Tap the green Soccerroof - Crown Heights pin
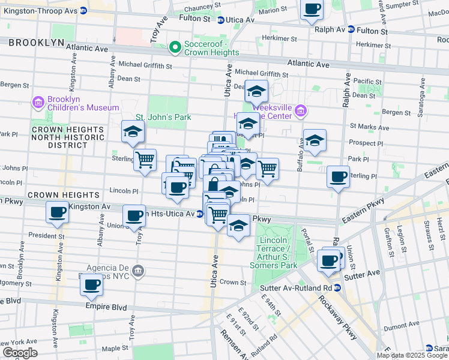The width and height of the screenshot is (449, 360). coord(175,46)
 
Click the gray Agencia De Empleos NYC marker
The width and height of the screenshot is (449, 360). coord(139,271)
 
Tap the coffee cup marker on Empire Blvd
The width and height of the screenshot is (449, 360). coord(91,285)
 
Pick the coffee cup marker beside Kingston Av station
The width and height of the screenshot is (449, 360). coord(58,212)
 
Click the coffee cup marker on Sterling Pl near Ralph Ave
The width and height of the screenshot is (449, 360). coord(339,177)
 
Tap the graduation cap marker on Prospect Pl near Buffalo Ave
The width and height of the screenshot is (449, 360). coord(315,140)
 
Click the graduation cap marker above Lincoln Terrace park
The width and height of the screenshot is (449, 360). coord(238,226)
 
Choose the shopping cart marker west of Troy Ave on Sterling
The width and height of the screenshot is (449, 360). coord(145,160)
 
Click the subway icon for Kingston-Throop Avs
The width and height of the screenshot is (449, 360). coord(83,11)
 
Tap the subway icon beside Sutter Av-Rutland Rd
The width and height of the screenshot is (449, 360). coord(337,287)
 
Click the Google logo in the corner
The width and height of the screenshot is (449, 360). coord(20,353)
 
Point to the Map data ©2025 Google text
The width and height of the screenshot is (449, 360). coord(412,355)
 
